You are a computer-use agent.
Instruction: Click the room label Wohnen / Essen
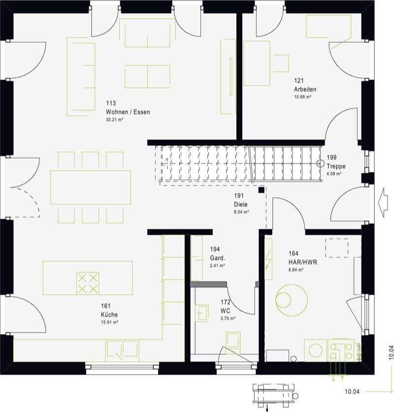128,112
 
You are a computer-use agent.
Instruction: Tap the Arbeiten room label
305,89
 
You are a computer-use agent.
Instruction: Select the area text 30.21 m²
114,120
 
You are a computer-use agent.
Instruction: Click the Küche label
109,314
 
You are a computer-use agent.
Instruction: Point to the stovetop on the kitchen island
87,283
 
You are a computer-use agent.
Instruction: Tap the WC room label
226,310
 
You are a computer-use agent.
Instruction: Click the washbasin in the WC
202,313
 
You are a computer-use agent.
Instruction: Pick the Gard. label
217,258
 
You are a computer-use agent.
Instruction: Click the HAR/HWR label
302,262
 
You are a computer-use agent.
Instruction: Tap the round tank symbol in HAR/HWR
291,299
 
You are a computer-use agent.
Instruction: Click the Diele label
241,204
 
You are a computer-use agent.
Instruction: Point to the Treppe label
336,166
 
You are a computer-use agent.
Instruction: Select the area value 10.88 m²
302,97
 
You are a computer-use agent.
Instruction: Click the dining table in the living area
91,187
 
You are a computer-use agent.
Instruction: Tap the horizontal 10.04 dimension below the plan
352,392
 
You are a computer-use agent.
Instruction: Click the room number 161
106,307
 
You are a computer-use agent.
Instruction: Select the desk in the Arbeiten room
257,63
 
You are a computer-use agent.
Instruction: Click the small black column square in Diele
262,189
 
